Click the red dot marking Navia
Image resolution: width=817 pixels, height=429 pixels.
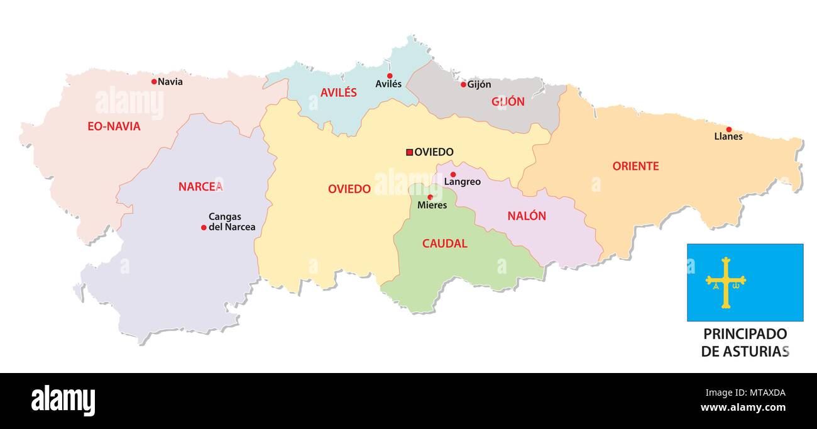tap(154, 81)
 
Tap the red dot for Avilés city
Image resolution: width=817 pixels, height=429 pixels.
tap(390, 75)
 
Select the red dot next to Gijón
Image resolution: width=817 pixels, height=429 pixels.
tap(463, 84)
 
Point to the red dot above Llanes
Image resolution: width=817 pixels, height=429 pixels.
tap(728, 129)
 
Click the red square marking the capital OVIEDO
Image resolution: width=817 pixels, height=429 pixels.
tap(409, 152)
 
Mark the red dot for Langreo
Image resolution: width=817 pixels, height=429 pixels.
tap(453, 174)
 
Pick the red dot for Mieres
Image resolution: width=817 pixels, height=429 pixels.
tap(430, 197)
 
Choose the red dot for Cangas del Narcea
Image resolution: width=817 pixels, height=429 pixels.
tap(204, 227)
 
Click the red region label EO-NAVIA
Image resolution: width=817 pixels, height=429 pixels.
tap(114, 126)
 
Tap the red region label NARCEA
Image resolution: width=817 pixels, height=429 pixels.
tap(200, 186)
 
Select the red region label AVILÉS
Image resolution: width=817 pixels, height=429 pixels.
tap(338, 92)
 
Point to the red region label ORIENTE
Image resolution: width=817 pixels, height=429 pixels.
tap(635, 166)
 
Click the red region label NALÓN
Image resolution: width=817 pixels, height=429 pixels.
tap(527, 216)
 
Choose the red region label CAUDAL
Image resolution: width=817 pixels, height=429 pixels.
tap(444, 243)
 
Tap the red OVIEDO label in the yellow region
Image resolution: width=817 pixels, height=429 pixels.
tap(349, 189)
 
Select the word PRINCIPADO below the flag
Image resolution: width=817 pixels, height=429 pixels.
tap(745, 334)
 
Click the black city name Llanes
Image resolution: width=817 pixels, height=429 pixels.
tap(728, 136)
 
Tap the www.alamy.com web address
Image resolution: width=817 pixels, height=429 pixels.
tap(743, 408)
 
